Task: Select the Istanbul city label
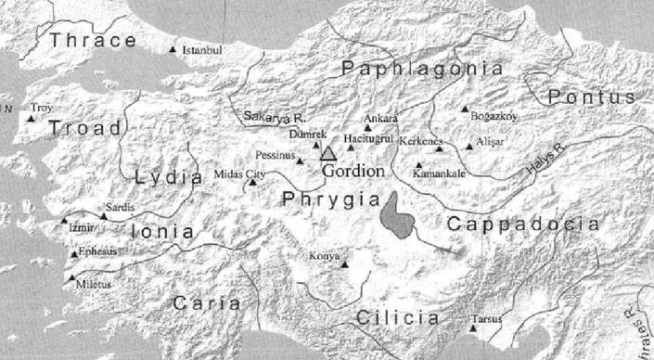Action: tap(204, 48)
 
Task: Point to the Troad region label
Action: tap(85, 127)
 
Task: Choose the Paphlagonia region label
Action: tap(422, 69)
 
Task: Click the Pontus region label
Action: tap(591, 96)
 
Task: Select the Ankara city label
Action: tap(381, 119)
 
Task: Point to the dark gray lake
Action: tap(398, 216)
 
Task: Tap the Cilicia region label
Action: tap(397, 317)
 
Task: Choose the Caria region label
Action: tap(206, 302)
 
